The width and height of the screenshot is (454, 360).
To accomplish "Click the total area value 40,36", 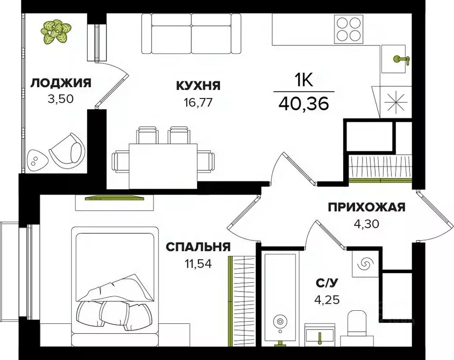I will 303,103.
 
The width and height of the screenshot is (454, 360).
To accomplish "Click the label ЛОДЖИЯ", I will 61,83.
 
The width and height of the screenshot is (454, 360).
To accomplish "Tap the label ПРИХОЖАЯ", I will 366,207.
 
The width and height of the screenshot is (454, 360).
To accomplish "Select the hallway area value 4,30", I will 366,223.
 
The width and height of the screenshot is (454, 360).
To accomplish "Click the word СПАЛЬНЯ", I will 198,247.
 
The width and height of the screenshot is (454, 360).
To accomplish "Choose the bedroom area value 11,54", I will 198,263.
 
